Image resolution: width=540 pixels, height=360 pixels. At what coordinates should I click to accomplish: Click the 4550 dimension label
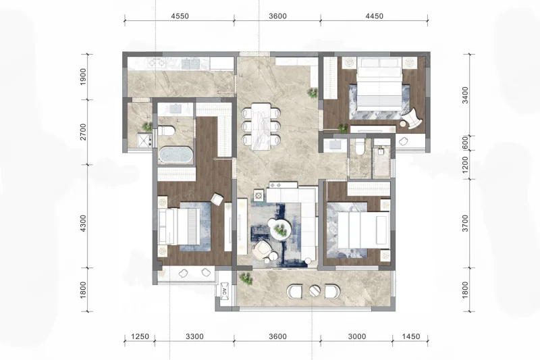point(180,16)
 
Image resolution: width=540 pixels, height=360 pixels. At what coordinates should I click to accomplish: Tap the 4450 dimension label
point(375,16)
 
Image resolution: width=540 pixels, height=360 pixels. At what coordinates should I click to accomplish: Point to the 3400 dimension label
point(466,95)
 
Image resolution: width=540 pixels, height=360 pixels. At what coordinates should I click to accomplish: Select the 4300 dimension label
point(83,223)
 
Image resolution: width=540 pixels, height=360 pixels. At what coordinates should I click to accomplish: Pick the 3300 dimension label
point(194,336)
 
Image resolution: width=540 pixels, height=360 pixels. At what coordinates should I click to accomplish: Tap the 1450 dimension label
point(411,336)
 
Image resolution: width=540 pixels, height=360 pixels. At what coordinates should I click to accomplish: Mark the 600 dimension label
point(466,143)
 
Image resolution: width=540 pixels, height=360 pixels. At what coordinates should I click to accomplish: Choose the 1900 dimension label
point(83,77)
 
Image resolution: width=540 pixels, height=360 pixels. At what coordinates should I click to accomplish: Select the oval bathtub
point(175,155)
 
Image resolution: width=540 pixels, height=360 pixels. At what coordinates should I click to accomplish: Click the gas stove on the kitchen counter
point(157,63)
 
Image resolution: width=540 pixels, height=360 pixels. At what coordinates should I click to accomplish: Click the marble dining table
point(261,126)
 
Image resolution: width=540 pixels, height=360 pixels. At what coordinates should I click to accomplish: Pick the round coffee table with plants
point(281,229)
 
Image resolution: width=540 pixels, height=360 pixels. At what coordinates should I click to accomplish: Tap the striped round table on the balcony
point(315,292)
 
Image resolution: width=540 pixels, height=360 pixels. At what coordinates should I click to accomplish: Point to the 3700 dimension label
point(466,223)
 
